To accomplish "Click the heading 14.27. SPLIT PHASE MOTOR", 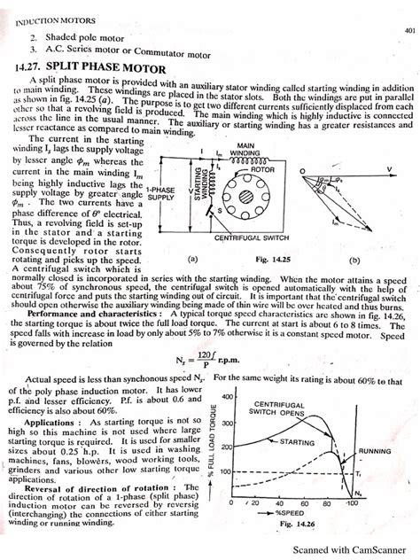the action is [x=84, y=66].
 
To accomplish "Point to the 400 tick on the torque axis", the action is [x=226, y=396].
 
